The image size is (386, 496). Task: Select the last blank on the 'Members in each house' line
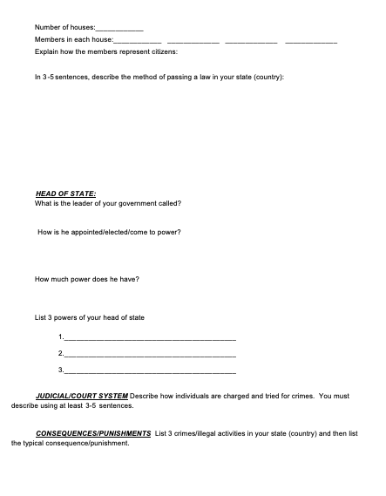click(x=311, y=41)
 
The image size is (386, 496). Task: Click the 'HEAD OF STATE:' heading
click(x=65, y=193)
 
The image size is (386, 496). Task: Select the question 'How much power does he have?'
click(x=87, y=279)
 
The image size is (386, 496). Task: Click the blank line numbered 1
click(x=150, y=336)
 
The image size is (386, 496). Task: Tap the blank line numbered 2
click(x=150, y=354)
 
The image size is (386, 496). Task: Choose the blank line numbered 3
click(x=150, y=370)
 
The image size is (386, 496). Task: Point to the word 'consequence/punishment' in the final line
click(x=96, y=443)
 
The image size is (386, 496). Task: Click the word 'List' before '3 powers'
click(x=41, y=316)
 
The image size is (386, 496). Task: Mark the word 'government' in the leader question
click(x=146, y=203)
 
